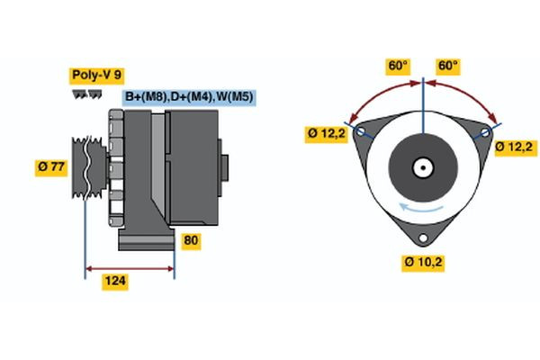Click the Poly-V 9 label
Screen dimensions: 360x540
tap(95, 76)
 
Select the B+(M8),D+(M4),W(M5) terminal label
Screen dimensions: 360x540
tap(187, 96)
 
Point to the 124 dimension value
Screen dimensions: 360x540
tap(115, 282)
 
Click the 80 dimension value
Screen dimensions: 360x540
tap(192, 240)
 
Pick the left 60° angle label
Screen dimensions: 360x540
tap(397, 66)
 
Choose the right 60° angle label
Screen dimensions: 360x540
tap(447, 66)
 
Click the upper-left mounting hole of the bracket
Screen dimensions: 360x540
tap(362, 132)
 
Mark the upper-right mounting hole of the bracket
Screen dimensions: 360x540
tap(485, 132)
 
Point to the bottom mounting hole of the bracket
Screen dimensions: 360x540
tap(422, 238)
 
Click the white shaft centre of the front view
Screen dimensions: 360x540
tap(422, 167)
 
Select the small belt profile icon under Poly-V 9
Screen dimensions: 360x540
tap(87, 93)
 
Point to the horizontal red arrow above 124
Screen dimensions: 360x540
tap(130, 267)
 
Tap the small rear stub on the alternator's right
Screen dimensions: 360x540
tap(226, 166)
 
